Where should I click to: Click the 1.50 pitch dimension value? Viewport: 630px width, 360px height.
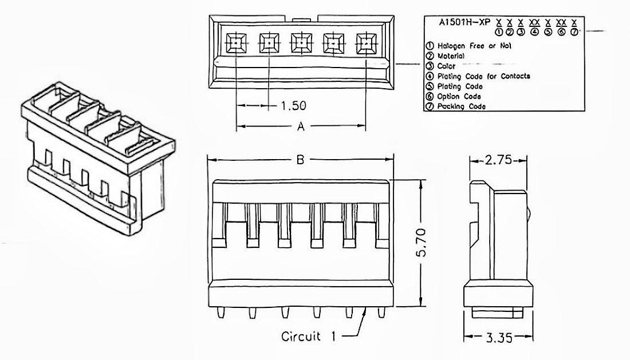294,105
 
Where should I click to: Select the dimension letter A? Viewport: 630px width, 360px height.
300,126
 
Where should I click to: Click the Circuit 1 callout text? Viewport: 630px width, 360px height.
309,336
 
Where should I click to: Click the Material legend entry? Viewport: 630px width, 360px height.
451,56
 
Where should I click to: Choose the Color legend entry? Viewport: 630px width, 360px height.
446,66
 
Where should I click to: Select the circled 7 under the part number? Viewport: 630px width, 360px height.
574,31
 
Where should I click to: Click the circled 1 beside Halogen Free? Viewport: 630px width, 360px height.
429,45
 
